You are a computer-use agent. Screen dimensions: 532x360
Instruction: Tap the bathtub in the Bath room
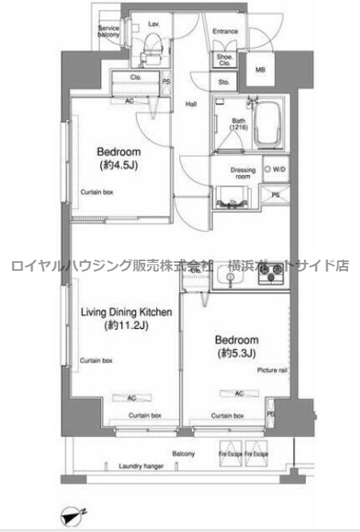coord(270,123)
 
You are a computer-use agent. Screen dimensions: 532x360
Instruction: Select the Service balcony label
coord(108,31)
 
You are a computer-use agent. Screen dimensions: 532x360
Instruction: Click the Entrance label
coord(226,32)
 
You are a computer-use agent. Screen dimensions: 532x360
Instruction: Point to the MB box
coord(260,69)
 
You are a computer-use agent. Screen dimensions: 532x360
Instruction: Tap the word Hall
coord(191,104)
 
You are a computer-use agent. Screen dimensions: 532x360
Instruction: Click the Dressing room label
coord(243,173)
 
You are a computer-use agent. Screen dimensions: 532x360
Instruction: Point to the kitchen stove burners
coord(271,276)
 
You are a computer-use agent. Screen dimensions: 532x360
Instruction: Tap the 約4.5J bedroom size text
coord(119,165)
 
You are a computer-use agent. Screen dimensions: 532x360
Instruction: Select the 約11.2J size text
coord(125,326)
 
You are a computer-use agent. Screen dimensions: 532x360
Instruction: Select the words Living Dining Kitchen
coord(125,312)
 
